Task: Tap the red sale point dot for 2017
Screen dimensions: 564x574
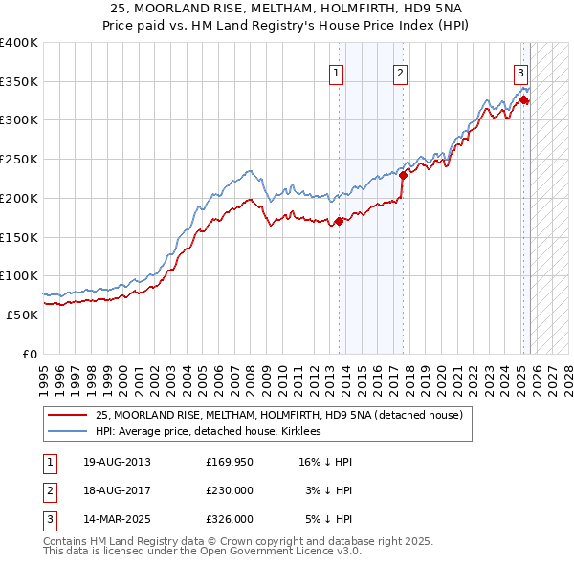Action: click(403, 175)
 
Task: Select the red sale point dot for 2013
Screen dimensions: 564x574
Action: click(339, 222)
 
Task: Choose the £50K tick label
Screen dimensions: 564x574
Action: click(23, 315)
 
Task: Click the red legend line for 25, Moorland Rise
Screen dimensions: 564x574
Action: click(68, 415)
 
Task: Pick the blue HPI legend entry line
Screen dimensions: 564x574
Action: click(68, 432)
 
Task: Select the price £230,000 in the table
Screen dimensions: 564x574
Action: click(230, 490)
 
